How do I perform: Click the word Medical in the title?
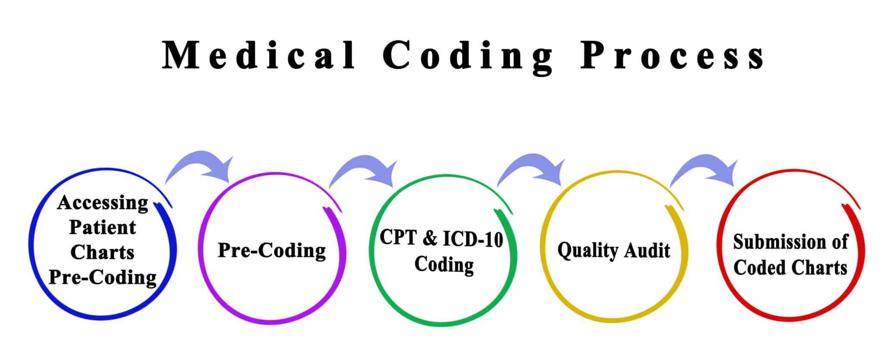click(259, 55)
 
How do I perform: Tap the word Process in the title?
click(673, 55)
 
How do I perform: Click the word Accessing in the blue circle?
click(103, 203)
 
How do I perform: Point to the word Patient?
click(103, 227)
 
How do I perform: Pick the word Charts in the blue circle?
click(103, 252)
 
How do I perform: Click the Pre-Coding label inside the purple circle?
click(272, 250)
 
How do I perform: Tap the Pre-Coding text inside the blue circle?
click(103, 277)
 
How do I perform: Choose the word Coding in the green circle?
click(444, 264)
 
